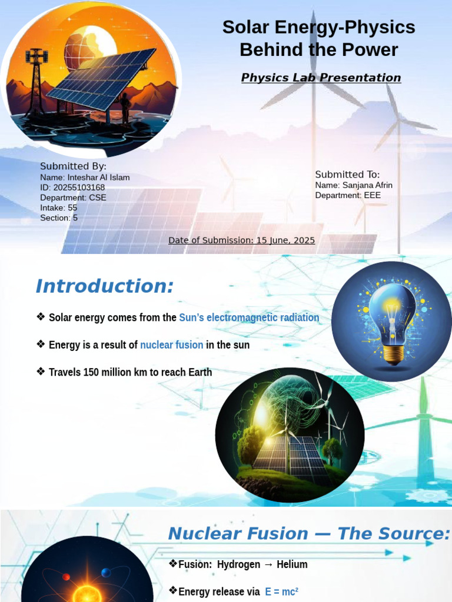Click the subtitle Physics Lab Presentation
[321, 78]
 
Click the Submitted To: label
[347, 175]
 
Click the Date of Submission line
[241, 240]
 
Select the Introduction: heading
[105, 286]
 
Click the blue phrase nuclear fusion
[172, 345]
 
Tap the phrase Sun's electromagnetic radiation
[249, 317]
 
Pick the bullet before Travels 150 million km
[41, 371]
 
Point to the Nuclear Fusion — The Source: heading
[309, 534]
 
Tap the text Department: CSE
[73, 198]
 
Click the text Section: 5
[59, 218]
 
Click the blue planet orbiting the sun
[106, 573]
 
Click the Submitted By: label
[73, 166]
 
